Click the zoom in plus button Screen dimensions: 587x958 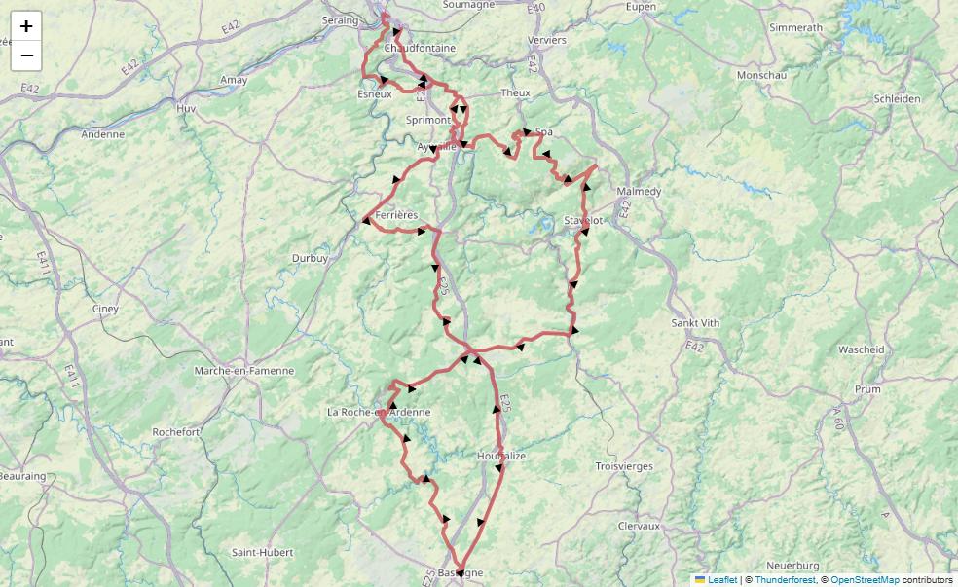click(x=26, y=26)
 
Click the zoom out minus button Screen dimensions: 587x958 click(x=26, y=55)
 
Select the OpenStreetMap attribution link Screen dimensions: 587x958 click(x=865, y=579)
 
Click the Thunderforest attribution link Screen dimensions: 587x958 click(x=785, y=579)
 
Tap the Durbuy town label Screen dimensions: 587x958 click(x=310, y=258)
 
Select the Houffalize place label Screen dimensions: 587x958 click(x=501, y=456)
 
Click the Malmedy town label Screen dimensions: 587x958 click(x=639, y=192)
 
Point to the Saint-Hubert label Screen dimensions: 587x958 click(x=262, y=552)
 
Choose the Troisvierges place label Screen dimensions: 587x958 click(x=624, y=466)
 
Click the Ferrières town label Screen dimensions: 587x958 click(x=395, y=214)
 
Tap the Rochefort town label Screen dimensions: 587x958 click(x=176, y=431)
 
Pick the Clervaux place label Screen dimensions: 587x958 click(x=639, y=525)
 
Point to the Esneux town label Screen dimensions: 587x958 click(x=375, y=94)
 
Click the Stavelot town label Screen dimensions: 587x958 click(x=583, y=221)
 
